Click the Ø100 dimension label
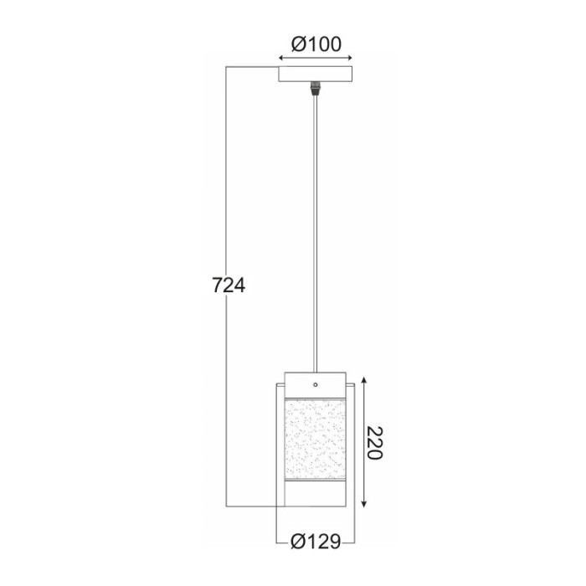tap(316, 44)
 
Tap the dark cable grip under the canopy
tap(316, 86)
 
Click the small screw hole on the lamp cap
tap(315, 384)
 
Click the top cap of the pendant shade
tap(315, 378)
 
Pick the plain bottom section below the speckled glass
tap(315, 496)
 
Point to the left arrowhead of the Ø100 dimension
tap(280, 59)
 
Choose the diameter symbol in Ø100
tap(295, 44)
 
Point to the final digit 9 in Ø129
tap(335, 542)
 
